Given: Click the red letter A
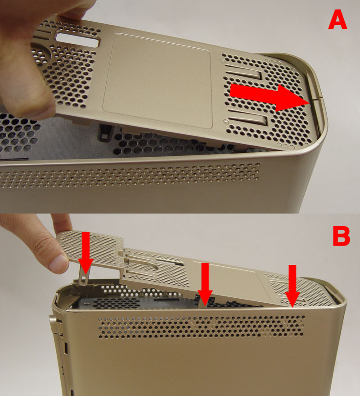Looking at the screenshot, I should click(337, 21).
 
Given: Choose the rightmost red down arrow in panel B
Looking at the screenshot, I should click(292, 286).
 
